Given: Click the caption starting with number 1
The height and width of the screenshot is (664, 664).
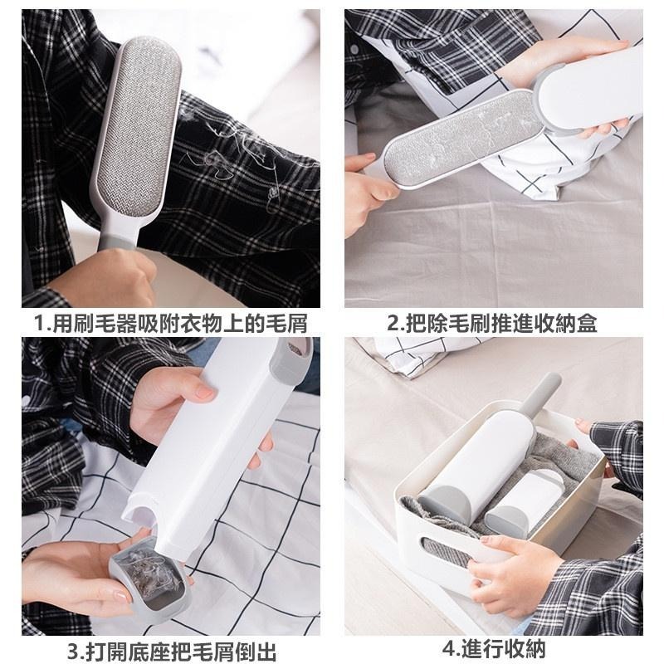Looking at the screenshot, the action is click(x=170, y=324).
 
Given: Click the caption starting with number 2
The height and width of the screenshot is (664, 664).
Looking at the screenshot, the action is click(x=492, y=324).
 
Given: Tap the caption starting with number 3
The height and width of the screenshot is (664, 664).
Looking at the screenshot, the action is click(x=172, y=652).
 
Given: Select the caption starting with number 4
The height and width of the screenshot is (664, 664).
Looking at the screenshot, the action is click(x=494, y=649).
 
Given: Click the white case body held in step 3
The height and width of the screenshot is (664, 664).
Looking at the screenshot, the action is click(x=212, y=449).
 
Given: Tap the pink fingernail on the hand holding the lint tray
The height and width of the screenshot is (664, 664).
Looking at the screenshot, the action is click(x=121, y=597).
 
